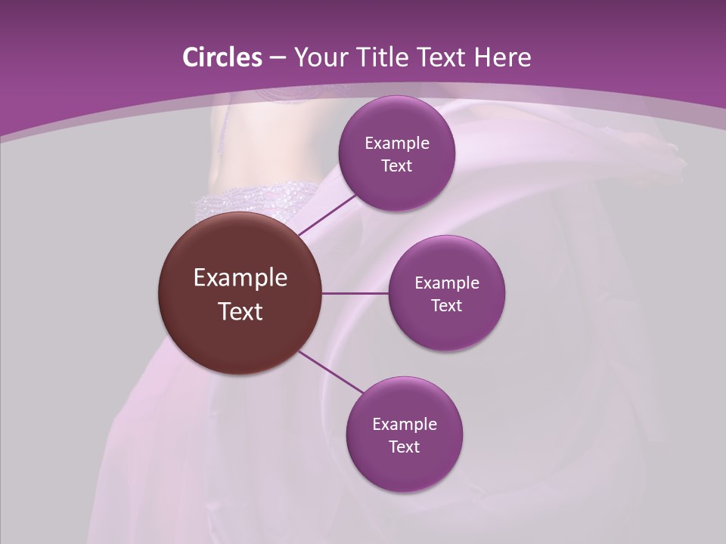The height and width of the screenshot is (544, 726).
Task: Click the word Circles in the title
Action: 222,57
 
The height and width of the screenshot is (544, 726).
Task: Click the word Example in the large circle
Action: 240,278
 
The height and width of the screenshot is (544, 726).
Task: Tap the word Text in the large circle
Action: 240,311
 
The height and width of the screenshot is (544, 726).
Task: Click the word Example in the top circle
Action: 396,144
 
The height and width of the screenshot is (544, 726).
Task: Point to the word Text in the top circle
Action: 396,166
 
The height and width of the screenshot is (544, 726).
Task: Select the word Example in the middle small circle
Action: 446,283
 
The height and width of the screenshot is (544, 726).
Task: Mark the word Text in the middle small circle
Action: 446,306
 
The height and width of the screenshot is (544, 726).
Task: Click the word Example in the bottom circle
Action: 405,425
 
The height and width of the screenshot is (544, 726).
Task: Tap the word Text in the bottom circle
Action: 405,447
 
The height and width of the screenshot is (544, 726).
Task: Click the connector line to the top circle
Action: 327,215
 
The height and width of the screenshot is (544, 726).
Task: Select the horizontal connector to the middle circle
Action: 355,293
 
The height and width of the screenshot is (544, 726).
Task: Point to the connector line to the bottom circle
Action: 331,372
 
